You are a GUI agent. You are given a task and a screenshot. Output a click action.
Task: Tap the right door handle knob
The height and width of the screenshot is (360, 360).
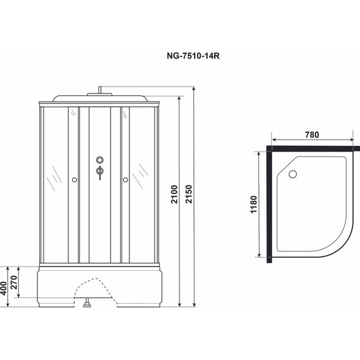click(x=125, y=181)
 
